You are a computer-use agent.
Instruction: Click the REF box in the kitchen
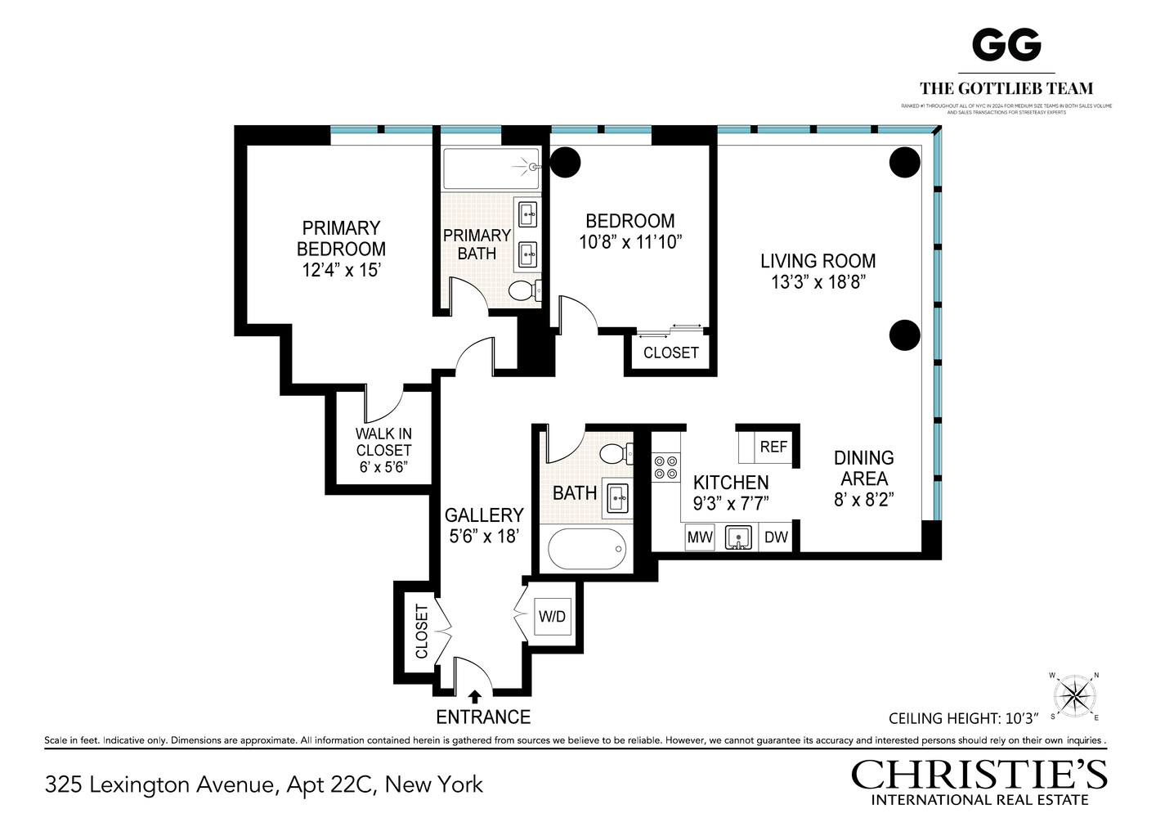(773, 447)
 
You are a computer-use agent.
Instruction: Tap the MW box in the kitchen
(699, 537)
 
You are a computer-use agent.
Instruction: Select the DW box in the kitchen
(776, 537)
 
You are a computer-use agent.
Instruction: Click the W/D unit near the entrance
(552, 617)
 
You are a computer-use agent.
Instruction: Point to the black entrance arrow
(475, 697)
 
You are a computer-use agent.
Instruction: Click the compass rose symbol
(1074, 696)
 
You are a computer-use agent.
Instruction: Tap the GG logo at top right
(1006, 45)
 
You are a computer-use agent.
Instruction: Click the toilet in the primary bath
(523, 290)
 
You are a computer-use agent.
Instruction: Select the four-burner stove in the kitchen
(665, 467)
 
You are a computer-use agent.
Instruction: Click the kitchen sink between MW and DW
(738, 537)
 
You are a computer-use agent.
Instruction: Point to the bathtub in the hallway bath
(586, 549)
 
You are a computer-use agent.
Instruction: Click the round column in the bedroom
(565, 163)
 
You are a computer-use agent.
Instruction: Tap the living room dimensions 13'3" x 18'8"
(818, 282)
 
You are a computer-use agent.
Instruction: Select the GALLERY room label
(484, 515)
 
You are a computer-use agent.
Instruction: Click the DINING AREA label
(863, 468)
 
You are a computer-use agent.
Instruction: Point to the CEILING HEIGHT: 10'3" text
(963, 718)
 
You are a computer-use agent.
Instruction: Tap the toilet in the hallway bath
(616, 453)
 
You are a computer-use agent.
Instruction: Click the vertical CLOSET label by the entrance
(422, 631)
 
